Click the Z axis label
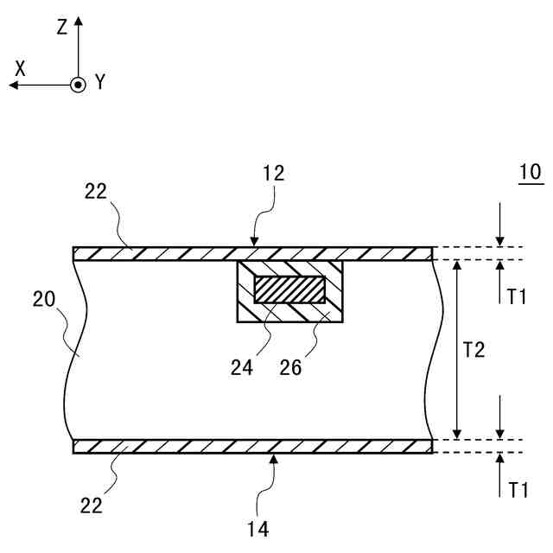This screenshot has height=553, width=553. (x=61, y=27)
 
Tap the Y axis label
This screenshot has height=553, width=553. (x=100, y=82)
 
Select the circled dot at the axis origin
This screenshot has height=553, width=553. (x=79, y=85)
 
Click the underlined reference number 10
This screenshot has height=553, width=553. (x=529, y=172)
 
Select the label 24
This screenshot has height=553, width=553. (x=243, y=366)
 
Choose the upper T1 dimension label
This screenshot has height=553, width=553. (x=517, y=296)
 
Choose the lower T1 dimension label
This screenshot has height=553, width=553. (x=517, y=490)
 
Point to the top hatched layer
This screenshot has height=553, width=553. (x=173, y=254)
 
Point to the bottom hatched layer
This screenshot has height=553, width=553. (x=173, y=447)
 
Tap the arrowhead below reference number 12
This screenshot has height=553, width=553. (x=254, y=242)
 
